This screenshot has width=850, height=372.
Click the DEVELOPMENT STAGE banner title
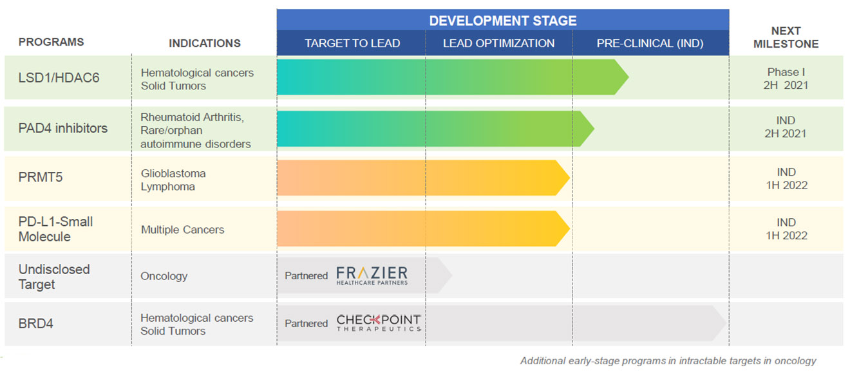(502, 20)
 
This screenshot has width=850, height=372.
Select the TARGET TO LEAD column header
(352, 44)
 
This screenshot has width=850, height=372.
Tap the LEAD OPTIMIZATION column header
(498, 44)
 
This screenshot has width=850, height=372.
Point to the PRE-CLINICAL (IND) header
(650, 44)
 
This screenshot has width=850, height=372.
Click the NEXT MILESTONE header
(786, 37)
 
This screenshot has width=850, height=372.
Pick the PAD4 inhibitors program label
(63, 128)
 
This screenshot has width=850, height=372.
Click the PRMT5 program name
(41, 177)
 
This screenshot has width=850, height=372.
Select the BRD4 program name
(36, 323)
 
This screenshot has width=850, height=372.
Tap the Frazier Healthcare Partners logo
(372, 275)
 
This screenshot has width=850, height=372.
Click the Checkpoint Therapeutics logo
(379, 323)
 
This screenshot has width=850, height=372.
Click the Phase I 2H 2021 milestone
(786, 79)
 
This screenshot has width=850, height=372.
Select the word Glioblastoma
(173, 174)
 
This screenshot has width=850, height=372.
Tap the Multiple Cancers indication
(182, 230)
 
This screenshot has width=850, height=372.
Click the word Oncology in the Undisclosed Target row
(164, 276)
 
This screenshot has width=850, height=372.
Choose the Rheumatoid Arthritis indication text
(192, 118)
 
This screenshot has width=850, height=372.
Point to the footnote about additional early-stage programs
(668, 361)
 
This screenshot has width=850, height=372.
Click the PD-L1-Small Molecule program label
(55, 229)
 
